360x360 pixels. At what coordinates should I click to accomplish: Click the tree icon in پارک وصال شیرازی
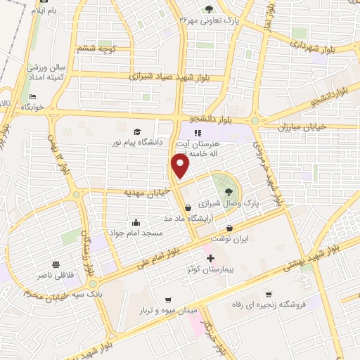click(228, 191)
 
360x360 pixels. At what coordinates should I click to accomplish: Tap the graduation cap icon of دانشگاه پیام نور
click(137, 131)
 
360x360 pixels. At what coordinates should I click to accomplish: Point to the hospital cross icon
click(210, 258)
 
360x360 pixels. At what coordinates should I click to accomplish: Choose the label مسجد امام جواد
click(135, 232)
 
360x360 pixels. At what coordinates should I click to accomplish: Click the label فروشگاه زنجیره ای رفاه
click(267, 306)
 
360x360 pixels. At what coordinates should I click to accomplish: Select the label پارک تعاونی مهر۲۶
click(209, 20)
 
